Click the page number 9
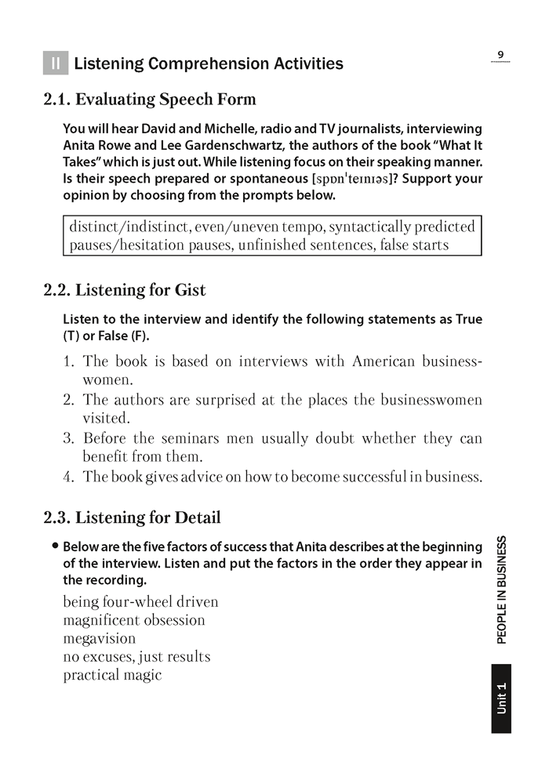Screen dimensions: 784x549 500,54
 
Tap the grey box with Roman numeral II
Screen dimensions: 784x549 56,64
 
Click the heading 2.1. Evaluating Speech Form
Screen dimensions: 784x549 150,100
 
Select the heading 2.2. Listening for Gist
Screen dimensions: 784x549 125,290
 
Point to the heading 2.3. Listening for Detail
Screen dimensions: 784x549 132,517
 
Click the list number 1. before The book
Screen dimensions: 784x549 69,361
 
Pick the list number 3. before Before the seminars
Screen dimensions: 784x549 69,438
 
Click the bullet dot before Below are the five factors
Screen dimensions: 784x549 55,546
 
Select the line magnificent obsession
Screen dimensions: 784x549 134,620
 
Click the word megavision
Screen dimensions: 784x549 100,638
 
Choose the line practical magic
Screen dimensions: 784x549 112,674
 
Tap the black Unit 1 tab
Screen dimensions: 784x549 501,699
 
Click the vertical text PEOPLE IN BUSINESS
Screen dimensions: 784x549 501,589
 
